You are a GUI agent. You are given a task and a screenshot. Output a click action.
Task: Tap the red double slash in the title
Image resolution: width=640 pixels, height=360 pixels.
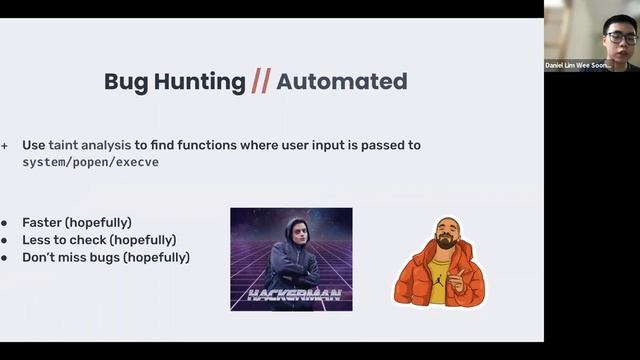point(260,82)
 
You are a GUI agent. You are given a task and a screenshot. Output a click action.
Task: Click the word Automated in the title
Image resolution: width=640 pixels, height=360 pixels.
point(341,82)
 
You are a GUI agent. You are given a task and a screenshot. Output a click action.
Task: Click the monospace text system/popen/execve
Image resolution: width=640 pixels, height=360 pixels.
point(90,162)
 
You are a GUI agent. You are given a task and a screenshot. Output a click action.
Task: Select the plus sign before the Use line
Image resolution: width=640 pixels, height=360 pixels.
point(4,145)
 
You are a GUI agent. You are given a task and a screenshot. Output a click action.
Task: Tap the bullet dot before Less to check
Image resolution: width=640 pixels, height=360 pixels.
point(6,240)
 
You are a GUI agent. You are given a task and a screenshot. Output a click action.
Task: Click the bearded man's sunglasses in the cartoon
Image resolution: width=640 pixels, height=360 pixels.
point(446,235)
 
